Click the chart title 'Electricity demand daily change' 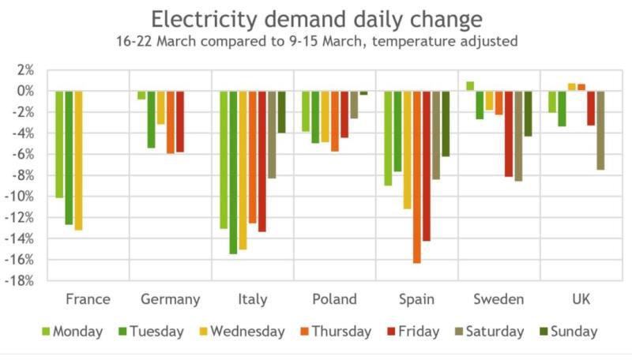(316, 19)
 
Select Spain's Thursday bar (417, 177)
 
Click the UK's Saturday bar (600, 130)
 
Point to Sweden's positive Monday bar (470, 86)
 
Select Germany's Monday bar (141, 96)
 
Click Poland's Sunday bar (363, 93)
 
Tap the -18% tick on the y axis (22, 281)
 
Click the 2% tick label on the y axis (26, 70)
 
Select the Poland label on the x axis (334, 299)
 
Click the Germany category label (170, 299)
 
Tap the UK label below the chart (581, 299)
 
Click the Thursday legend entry (333, 332)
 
